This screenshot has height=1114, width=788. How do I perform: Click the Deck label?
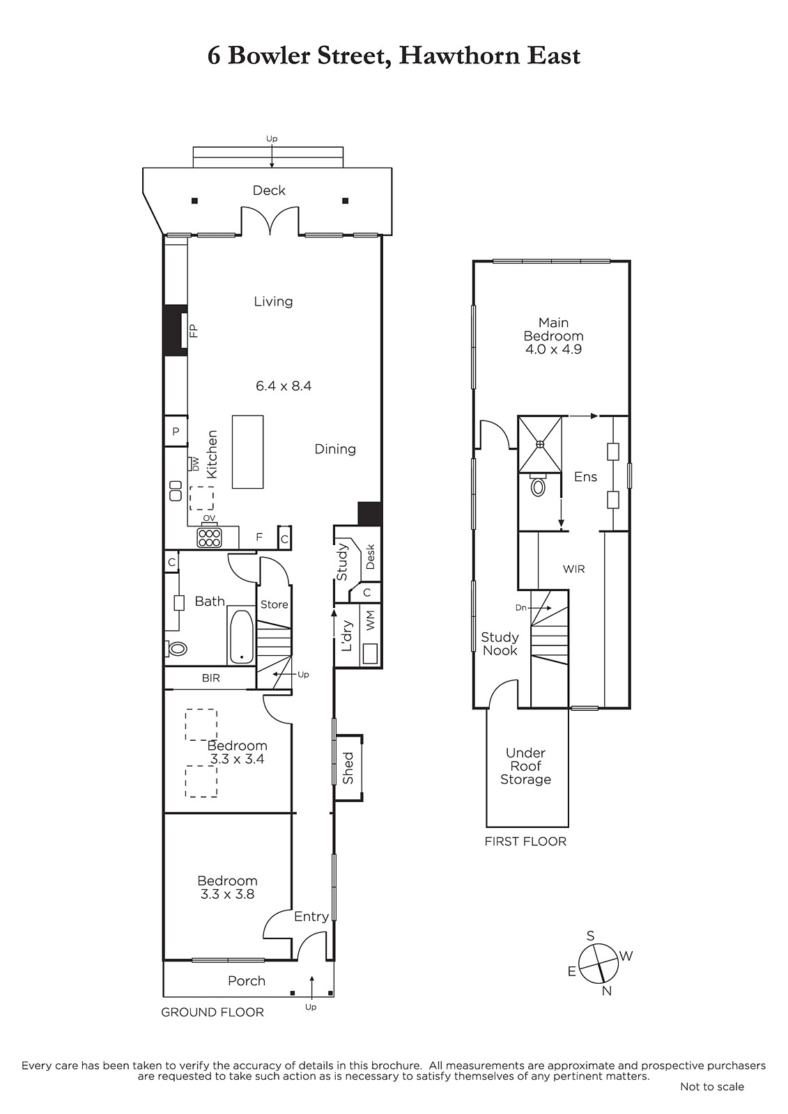[x=269, y=190]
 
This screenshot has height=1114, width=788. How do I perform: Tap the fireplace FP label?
[x=194, y=331]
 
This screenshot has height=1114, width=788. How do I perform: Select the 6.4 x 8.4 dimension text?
[x=284, y=386]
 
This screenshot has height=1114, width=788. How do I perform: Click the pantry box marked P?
[x=176, y=431]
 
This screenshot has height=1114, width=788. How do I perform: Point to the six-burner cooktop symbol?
[x=209, y=537]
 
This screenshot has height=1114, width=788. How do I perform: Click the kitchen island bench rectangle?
[x=247, y=452]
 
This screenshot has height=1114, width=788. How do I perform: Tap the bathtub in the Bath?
[x=242, y=635]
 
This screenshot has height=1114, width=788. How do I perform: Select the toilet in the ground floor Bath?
[x=176, y=648]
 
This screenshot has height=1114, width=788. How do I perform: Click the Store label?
[x=275, y=604]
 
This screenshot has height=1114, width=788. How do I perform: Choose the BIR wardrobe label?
[x=210, y=678]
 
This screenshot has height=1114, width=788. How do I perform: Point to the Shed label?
[x=348, y=768]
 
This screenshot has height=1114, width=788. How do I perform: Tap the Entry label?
[x=311, y=916]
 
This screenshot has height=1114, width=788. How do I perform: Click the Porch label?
[x=247, y=980]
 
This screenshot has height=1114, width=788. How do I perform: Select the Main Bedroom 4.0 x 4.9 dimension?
[x=553, y=349]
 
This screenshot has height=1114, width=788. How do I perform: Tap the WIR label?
[x=573, y=569]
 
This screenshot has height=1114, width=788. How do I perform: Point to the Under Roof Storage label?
[x=525, y=766]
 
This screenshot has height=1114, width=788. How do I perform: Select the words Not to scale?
[x=712, y=1101]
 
